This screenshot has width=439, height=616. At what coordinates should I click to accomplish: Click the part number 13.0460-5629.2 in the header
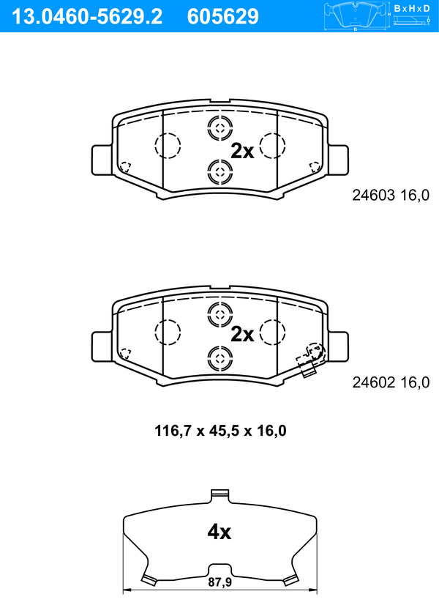pyautogui.click(x=87, y=17)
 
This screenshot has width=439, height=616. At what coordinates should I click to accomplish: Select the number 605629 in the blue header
pyautogui.click(x=223, y=17)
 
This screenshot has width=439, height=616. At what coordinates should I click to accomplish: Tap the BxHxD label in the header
pyautogui.click(x=412, y=8)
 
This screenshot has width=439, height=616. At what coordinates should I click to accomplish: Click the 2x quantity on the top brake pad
pyautogui.click(x=242, y=151)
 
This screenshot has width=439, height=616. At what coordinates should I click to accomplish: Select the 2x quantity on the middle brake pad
pyautogui.click(x=242, y=334)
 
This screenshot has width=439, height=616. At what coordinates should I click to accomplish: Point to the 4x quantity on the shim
pyautogui.click(x=219, y=532)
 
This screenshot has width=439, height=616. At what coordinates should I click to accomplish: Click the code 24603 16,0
pyautogui.click(x=391, y=196)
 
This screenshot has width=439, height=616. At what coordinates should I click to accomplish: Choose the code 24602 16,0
pyautogui.click(x=391, y=382)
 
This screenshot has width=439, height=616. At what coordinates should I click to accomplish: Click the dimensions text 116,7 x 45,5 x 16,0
pyautogui.click(x=220, y=431)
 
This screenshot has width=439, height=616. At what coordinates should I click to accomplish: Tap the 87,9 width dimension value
pyautogui.click(x=219, y=582)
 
